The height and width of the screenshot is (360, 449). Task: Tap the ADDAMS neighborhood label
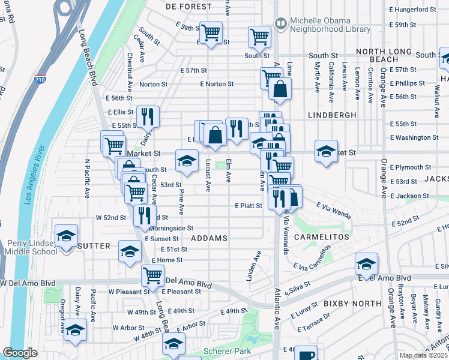[209, 238]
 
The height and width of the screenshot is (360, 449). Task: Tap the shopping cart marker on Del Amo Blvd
[152, 275]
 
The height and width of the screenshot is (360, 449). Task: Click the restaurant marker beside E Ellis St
[147, 115]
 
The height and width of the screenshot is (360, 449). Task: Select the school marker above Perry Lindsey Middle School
[67, 235]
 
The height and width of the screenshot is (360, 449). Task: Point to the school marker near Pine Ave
[186, 160]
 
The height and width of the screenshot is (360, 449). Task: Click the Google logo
[20, 353]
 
